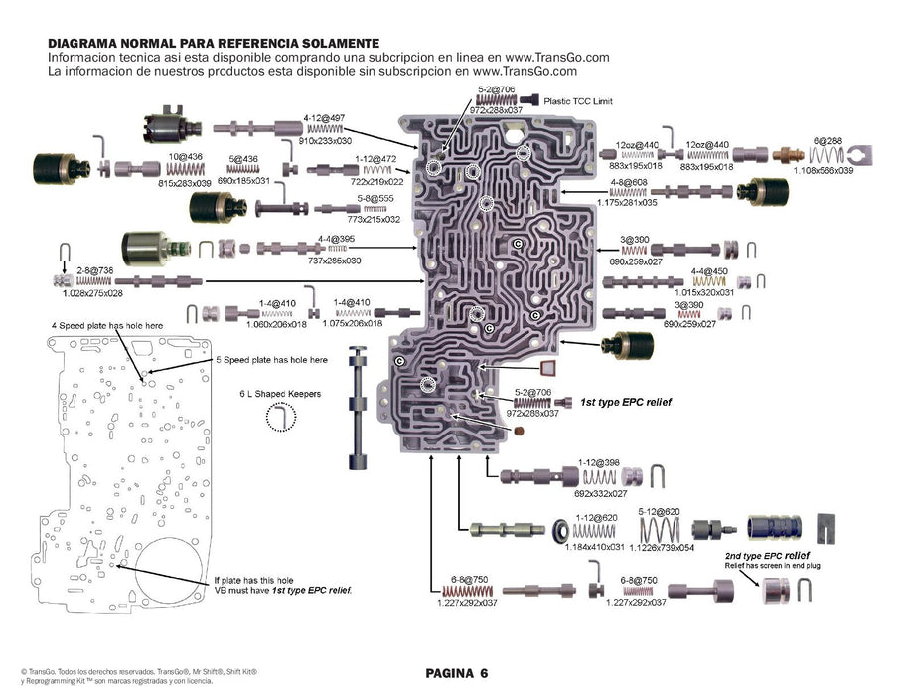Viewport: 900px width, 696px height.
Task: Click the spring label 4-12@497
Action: (x=325, y=117)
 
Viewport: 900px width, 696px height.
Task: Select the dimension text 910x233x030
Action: (x=326, y=142)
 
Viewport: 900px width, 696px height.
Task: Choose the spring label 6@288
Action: (x=826, y=141)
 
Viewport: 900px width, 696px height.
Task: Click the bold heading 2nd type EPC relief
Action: (x=766, y=554)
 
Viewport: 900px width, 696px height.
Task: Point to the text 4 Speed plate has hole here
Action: (x=106, y=326)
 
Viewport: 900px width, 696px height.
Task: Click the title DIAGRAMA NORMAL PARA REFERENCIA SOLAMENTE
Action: (x=199, y=44)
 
